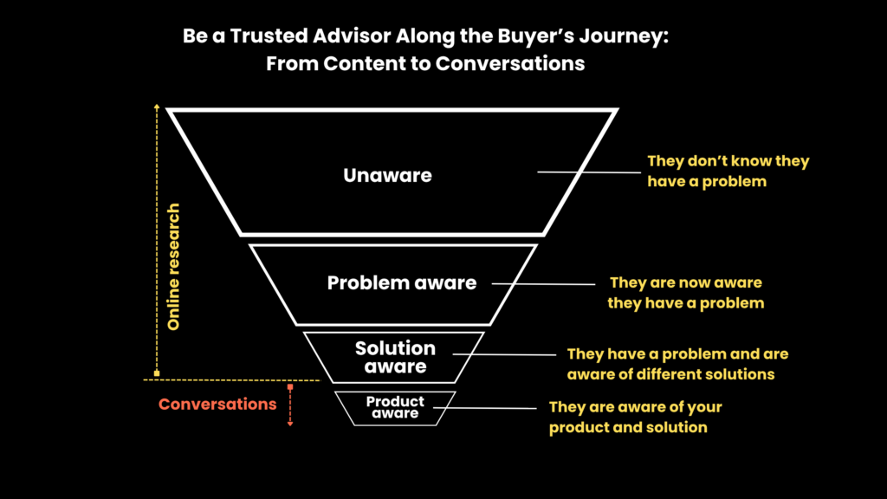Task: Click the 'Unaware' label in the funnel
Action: [387, 175]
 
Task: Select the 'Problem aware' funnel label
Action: [402, 283]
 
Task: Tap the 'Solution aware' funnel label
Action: [395, 357]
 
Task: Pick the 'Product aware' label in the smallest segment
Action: [395, 407]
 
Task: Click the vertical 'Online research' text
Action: [173, 267]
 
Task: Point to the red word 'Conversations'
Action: [217, 404]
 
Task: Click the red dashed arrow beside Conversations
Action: [290, 405]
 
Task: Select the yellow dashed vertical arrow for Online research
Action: [157, 241]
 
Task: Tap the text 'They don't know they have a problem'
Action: [728, 171]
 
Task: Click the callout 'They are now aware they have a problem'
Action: [686, 293]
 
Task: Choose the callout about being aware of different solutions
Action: [677, 364]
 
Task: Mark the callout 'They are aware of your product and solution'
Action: [635, 417]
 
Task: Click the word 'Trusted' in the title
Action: [269, 36]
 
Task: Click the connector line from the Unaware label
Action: [589, 172]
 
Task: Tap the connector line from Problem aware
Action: [543, 284]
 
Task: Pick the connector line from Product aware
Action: [485, 408]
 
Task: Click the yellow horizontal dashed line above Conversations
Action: [232, 380]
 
